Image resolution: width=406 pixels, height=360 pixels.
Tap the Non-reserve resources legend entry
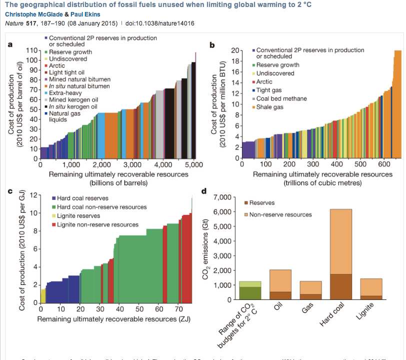click(280, 214)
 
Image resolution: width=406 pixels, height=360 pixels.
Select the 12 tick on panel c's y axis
click(33, 195)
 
